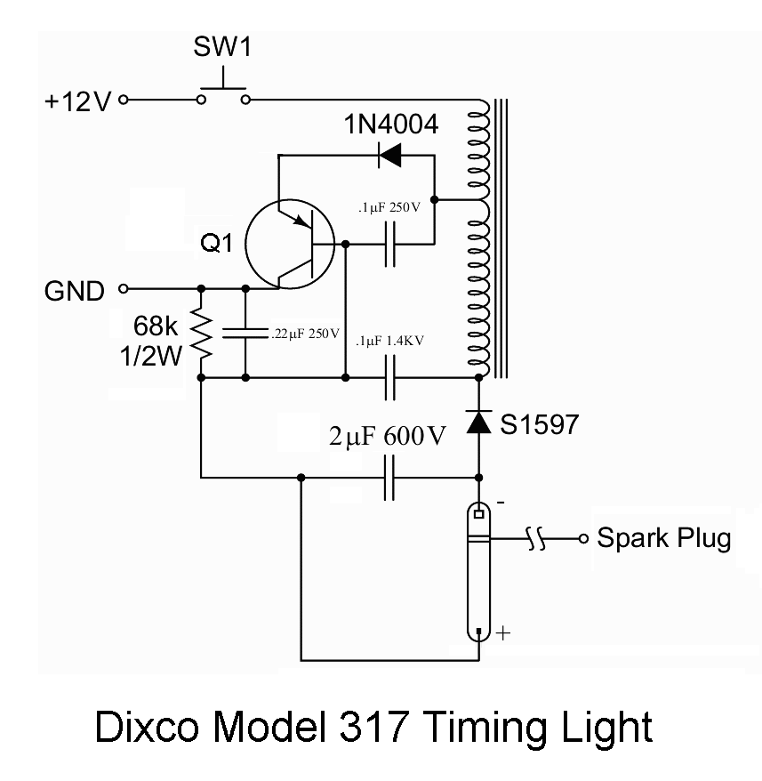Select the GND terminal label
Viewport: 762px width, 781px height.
click(75, 289)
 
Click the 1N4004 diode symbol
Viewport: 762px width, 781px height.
click(389, 156)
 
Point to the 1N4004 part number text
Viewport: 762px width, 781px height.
click(391, 125)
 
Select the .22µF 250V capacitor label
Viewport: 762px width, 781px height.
click(304, 334)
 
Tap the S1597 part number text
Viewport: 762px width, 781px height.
click(538, 424)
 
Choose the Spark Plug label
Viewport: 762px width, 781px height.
click(663, 539)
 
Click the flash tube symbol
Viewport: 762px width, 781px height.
click(479, 569)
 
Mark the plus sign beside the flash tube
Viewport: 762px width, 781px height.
click(502, 633)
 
